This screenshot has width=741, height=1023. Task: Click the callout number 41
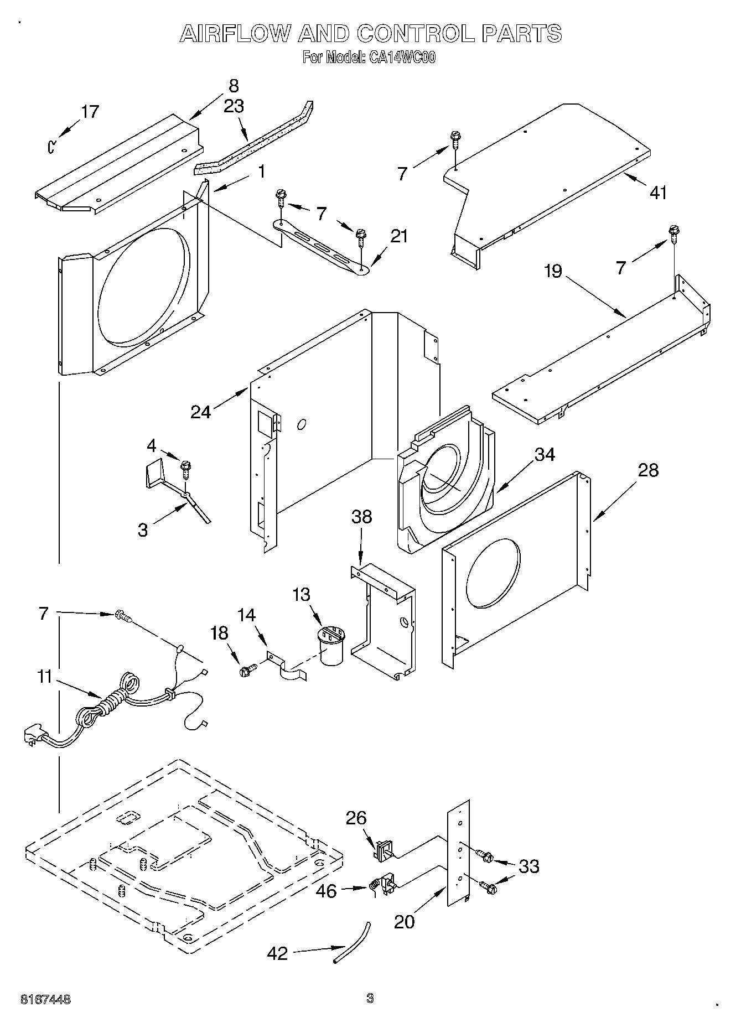point(658,193)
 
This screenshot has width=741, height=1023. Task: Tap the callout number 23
point(234,106)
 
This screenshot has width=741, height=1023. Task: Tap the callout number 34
point(545,454)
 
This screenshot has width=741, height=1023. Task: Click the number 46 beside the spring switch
point(326,891)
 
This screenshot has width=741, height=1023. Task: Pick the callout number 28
point(648,470)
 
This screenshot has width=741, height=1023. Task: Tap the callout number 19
point(552,271)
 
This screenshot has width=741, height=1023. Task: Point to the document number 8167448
point(45,1000)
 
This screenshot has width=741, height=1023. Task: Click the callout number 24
point(200,412)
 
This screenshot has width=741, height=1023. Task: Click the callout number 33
point(529,866)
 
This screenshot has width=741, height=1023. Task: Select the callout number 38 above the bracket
point(361,517)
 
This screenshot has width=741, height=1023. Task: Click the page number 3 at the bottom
point(370,998)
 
